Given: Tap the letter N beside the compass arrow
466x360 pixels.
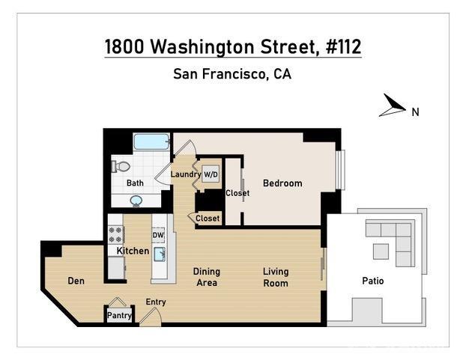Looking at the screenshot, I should (x=414, y=112).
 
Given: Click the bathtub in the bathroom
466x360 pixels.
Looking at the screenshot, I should (x=152, y=141).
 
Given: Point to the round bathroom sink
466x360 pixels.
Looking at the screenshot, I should (x=136, y=200).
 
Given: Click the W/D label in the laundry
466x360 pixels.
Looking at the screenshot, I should (x=211, y=174).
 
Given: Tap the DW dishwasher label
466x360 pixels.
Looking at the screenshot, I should (x=158, y=235).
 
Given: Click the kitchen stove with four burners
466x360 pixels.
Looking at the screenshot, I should (x=116, y=228).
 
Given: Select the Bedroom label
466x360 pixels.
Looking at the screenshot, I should (x=282, y=183).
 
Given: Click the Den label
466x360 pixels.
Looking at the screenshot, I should (x=76, y=281).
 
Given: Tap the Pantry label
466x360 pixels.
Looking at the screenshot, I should (x=119, y=315).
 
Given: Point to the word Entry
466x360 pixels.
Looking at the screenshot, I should (x=156, y=302).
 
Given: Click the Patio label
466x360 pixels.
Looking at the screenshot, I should (x=372, y=281).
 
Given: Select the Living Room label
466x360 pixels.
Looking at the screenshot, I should (x=276, y=277).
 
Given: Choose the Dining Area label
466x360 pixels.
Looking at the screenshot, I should (x=206, y=277).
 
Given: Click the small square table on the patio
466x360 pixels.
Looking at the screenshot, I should (x=381, y=251).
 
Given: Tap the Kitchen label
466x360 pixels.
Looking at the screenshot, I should (x=133, y=251).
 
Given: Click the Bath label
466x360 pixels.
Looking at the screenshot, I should (x=135, y=183).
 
